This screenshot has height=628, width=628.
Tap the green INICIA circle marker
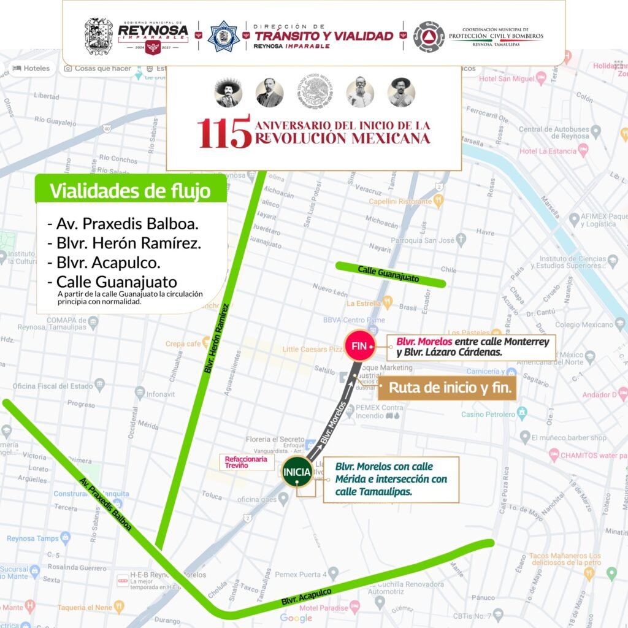pyautogui.click(x=297, y=472)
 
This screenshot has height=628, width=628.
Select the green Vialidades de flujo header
pyautogui.click(x=130, y=190)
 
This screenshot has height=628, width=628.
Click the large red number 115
pyautogui.click(x=224, y=131)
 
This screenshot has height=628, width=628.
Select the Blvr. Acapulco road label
pyautogui.click(x=306, y=597)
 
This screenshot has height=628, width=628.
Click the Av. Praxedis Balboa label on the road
pyautogui.click(x=105, y=505)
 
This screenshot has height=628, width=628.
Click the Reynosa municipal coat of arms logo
pyautogui.click(x=98, y=36)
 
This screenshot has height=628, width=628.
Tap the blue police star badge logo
pyautogui.click(x=223, y=36)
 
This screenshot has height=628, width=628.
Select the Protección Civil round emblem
pyautogui.click(x=429, y=36)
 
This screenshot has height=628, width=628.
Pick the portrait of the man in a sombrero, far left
pyautogui.click(x=228, y=93)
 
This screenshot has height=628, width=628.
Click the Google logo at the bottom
pyautogui.click(x=296, y=618)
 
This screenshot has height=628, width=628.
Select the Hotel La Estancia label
pyautogui.click(x=548, y=151)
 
